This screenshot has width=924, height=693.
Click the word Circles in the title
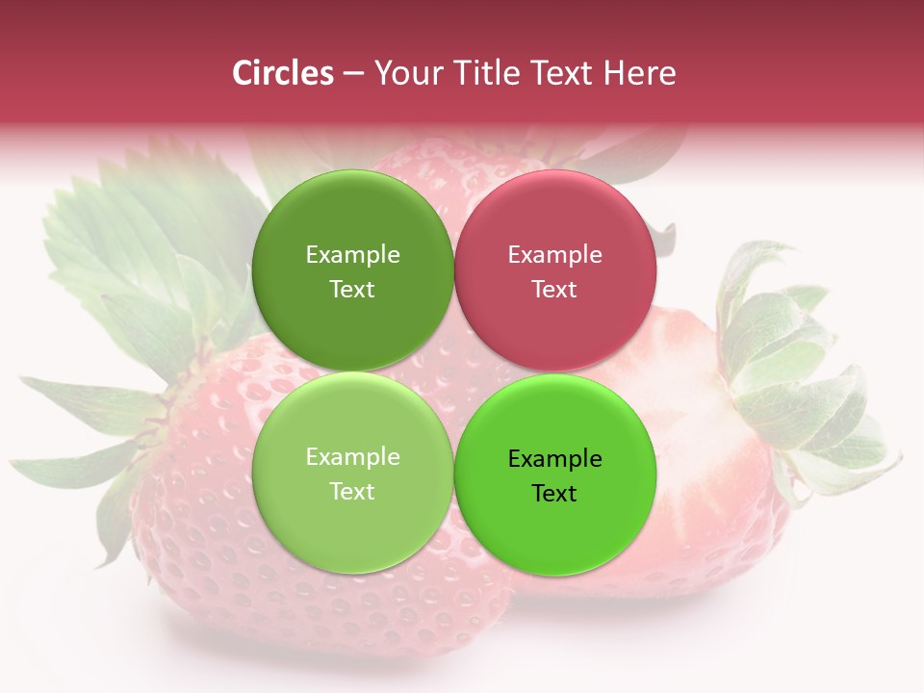click(x=283, y=73)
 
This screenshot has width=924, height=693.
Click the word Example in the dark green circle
click(x=352, y=255)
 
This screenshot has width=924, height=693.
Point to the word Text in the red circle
click(x=554, y=290)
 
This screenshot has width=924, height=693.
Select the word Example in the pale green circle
click(x=352, y=457)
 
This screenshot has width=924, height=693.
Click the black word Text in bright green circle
click(x=554, y=494)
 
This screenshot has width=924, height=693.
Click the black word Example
click(x=554, y=459)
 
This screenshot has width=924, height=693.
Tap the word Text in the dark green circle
click(x=352, y=290)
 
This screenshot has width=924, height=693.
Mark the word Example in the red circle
click(x=554, y=255)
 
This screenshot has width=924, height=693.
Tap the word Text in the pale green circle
click(x=352, y=492)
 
